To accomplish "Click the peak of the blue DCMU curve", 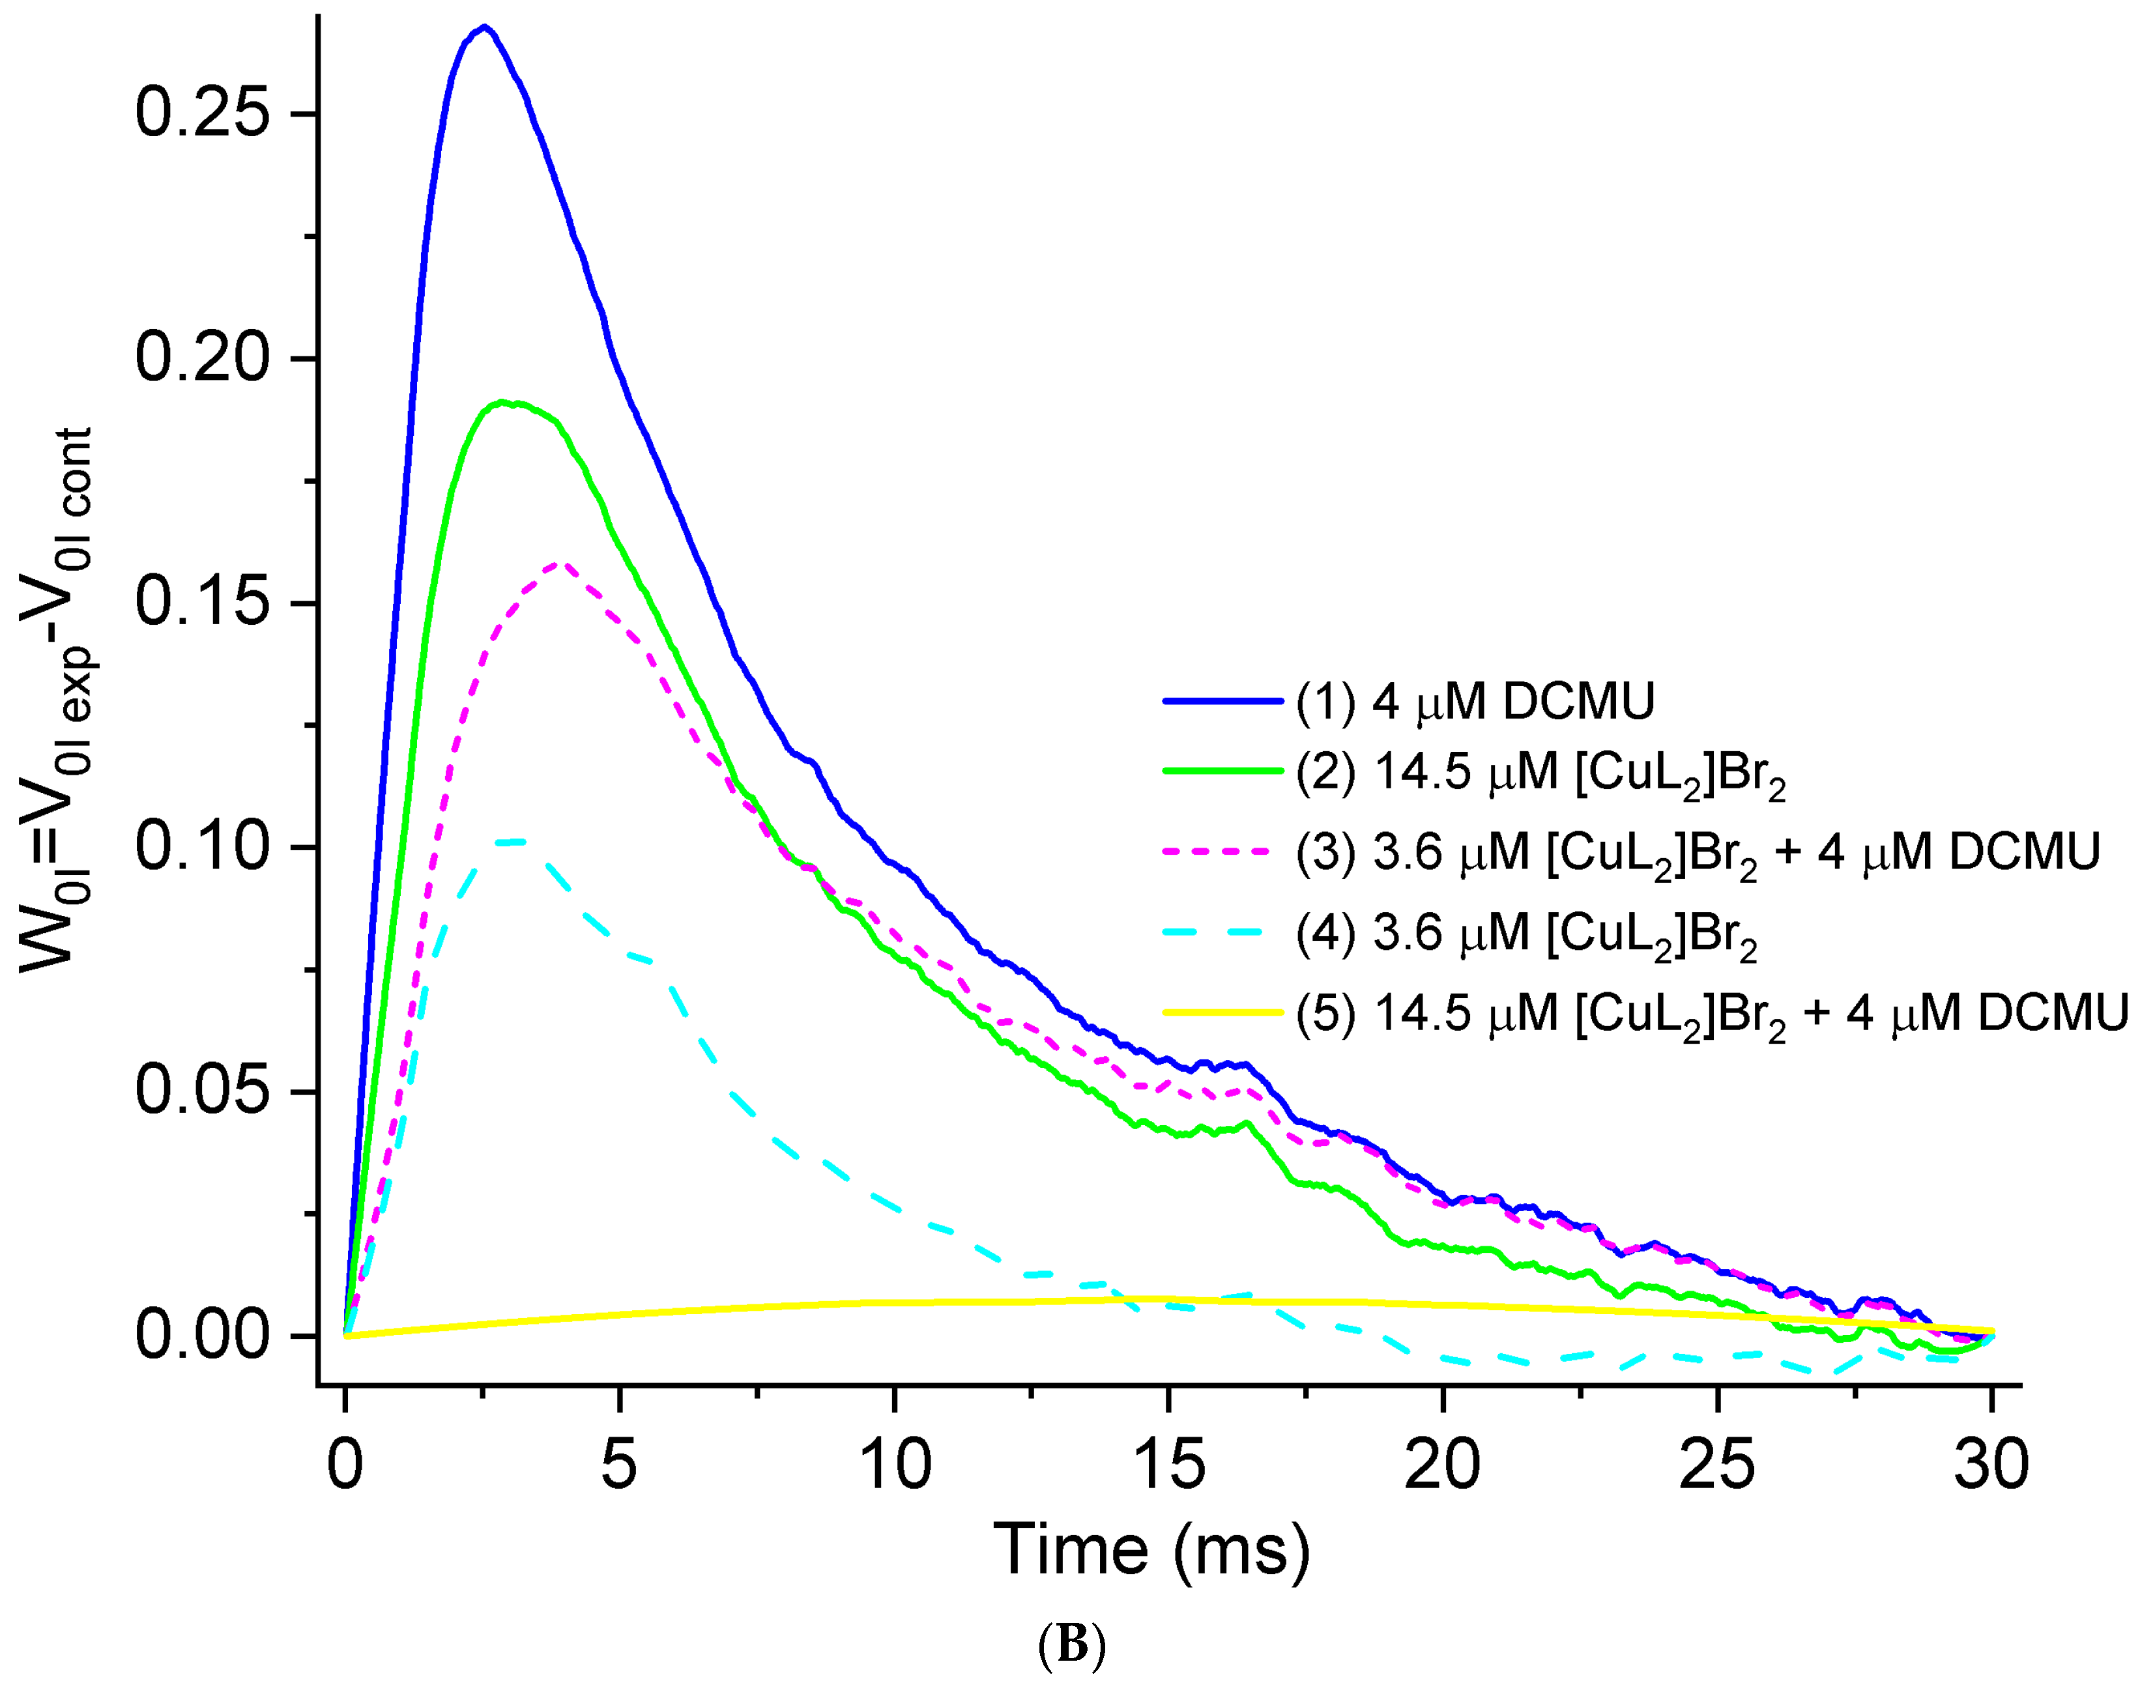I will pos(484,28).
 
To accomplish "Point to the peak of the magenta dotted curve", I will pos(562,565).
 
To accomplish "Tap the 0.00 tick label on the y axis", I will pos(202,1336).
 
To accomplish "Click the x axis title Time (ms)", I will pos(1151,1551).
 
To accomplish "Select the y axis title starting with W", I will pos(57,699).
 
